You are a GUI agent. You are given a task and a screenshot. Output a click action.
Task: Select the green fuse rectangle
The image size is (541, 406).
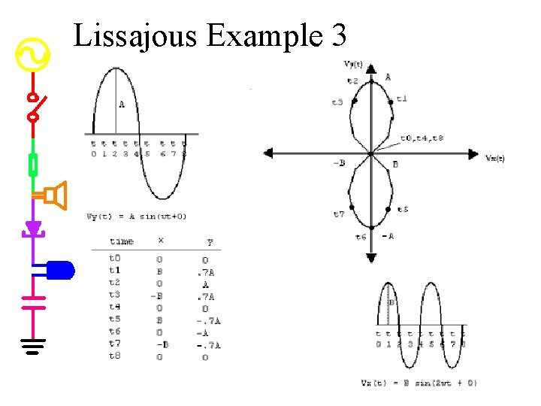click(33, 164)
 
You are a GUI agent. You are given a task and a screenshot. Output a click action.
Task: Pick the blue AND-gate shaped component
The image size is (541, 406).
click(60, 269)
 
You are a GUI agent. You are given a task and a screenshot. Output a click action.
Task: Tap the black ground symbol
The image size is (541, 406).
click(33, 346)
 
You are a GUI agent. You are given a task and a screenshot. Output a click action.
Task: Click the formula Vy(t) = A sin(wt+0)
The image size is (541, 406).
click(137, 217)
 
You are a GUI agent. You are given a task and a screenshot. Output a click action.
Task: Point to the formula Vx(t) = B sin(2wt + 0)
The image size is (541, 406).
click(419, 383)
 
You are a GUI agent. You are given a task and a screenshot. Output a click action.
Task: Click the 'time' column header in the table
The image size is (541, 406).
click(121, 241)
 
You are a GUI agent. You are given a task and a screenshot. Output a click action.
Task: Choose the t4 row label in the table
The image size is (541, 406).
click(114, 307)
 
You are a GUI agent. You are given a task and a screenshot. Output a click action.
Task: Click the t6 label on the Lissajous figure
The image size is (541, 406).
click(361, 237)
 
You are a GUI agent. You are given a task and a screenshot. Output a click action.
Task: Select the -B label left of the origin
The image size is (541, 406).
click(339, 163)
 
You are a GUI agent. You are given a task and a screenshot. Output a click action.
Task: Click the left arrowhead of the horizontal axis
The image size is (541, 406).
click(268, 153)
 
